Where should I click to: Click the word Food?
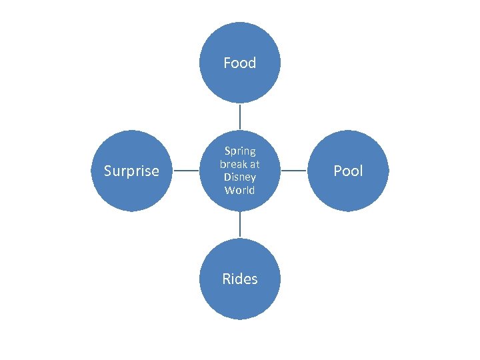(240, 63)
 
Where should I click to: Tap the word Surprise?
(131, 171)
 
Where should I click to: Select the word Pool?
(348, 171)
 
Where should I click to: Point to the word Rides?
(240, 279)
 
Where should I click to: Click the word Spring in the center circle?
(240, 151)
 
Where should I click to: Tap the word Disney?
(240, 177)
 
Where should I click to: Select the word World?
(240, 190)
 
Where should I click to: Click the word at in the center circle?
(255, 164)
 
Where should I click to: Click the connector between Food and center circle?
(240, 116)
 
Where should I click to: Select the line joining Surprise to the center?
(186, 171)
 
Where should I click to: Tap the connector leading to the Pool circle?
(294, 171)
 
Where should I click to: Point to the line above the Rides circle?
(240, 225)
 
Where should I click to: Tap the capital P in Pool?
(337, 171)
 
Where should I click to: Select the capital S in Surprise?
(108, 171)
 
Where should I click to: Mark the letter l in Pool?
(361, 171)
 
